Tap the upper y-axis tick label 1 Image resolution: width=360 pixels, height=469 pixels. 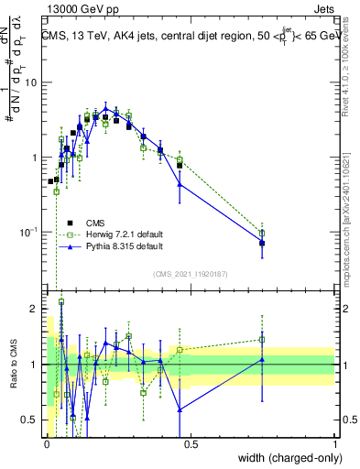34,158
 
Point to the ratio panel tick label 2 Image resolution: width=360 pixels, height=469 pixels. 34,309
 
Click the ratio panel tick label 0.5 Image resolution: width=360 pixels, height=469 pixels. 29,420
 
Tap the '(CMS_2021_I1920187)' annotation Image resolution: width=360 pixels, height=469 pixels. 190,274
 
